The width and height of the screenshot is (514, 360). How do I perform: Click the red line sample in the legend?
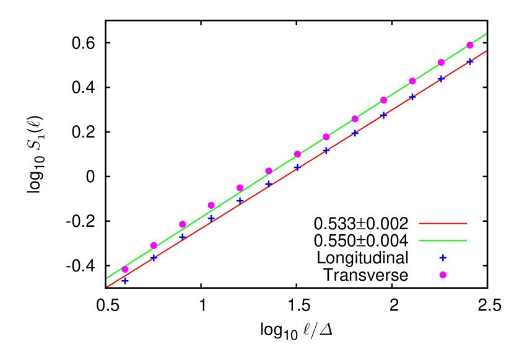pyautogui.click(x=442, y=223)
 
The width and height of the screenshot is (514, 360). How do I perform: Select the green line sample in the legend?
pyautogui.click(x=442, y=240)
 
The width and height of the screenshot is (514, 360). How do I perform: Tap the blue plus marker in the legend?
pyautogui.click(x=443, y=258)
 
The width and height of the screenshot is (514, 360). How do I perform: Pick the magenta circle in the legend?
pyautogui.click(x=443, y=275)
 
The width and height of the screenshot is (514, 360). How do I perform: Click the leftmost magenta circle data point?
pyautogui.click(x=125, y=270)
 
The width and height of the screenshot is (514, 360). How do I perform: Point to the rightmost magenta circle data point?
pyautogui.click(x=470, y=45)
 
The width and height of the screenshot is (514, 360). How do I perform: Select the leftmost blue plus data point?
pyautogui.click(x=125, y=281)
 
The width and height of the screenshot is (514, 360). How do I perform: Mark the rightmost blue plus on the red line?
pyautogui.click(x=470, y=61)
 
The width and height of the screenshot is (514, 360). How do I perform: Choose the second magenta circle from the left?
pyautogui.click(x=154, y=245)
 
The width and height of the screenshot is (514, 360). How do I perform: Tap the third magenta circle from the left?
pyautogui.click(x=183, y=224)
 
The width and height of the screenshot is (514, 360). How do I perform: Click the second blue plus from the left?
pyautogui.click(x=154, y=257)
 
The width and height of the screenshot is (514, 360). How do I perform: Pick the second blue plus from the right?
pyautogui.click(x=441, y=79)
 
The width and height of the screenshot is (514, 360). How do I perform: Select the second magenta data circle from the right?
pyautogui.click(x=441, y=63)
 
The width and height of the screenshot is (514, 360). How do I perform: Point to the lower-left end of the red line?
pyautogui.click(x=107, y=286)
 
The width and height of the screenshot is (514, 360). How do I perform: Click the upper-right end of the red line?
pyautogui.click(x=486, y=51)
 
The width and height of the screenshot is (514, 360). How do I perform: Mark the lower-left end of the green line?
pyautogui.click(x=107, y=278)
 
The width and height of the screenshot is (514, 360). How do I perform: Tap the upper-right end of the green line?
pyautogui.click(x=486, y=34)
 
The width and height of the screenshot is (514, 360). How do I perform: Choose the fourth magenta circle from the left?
pyautogui.click(x=211, y=205)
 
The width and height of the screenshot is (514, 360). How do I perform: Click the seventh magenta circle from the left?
pyautogui.click(x=297, y=154)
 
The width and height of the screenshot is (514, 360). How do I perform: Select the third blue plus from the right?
pyautogui.click(x=412, y=97)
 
